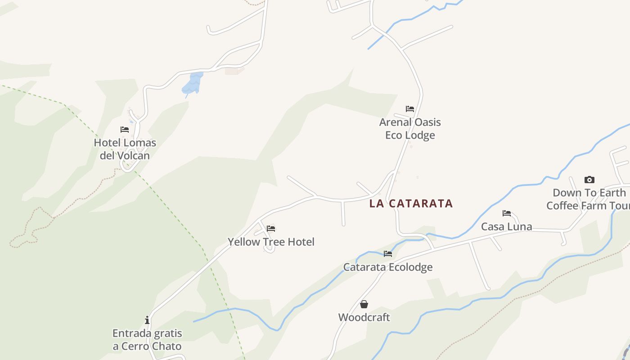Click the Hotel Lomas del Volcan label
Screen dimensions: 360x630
pos(125,149)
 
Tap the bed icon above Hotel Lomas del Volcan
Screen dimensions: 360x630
pos(125,130)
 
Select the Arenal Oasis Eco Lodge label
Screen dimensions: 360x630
pos(410,128)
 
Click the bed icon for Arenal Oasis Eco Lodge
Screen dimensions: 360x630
pos(409,109)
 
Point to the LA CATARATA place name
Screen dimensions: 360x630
pos(411,203)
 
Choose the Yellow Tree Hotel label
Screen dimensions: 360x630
pos(271,242)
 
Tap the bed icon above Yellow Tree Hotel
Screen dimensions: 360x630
pos(271,229)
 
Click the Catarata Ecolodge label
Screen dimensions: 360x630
pos(388,267)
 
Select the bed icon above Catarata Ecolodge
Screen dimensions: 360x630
pos(388,254)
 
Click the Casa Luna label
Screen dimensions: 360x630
pos(507,226)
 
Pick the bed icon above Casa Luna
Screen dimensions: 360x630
pos(507,213)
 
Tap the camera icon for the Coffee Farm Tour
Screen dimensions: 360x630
pos(589,180)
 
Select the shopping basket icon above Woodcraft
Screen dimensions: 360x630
pos(364,304)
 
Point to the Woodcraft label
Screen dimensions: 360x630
pos(364,317)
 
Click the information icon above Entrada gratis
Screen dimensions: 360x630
pos(147,320)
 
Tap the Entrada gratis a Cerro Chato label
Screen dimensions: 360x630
pos(147,340)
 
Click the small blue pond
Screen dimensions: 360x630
pos(193,84)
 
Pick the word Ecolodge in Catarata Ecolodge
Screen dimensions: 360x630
pos(410,267)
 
